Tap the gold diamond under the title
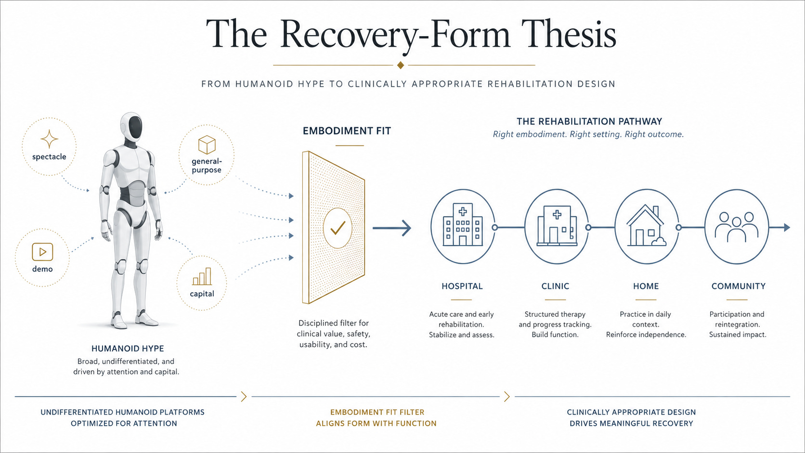pos(401,65)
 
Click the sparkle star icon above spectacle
pos(49,139)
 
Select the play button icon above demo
pos(42,252)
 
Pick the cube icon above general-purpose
pos(207,144)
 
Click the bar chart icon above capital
pos(202,276)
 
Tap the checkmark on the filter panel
pos(338,228)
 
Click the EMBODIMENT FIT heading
pos(347,131)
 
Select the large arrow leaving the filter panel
pos(392,228)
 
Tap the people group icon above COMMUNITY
pos(736,227)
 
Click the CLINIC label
pos(555,286)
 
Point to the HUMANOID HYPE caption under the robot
pos(128,349)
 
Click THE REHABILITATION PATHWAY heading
pos(589,121)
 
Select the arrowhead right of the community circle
pos(787,227)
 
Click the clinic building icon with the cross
pos(557,226)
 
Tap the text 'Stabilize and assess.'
pos(461,335)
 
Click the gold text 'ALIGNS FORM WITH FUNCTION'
pos(377,424)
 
